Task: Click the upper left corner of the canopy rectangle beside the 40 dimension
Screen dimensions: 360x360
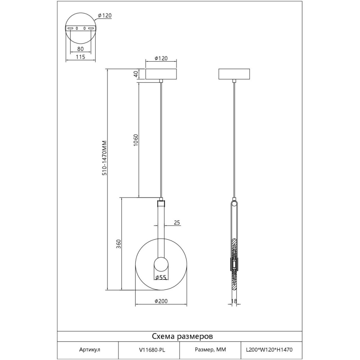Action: coord(145,69)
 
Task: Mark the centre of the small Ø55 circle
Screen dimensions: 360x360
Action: coord(161,264)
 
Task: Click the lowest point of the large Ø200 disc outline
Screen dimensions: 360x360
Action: coord(161,290)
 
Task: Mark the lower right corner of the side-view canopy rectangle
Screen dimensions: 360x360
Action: coord(249,79)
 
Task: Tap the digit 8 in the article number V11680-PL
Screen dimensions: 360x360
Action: coord(153,350)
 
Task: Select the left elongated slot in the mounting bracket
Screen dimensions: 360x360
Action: coord(70,28)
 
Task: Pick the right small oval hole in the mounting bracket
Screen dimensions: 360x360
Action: coord(85,28)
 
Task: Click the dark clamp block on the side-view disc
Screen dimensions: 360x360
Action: coord(234,265)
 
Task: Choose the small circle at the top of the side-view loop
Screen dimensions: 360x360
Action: coord(234,203)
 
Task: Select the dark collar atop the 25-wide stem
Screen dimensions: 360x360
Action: coord(161,203)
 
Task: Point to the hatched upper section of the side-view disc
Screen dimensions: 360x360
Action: coord(234,248)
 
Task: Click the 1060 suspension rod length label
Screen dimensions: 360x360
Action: coord(136,140)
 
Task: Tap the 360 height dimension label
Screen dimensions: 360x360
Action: coord(118,244)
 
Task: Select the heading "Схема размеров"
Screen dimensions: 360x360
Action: coord(182,336)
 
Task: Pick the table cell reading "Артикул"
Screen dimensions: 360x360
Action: coord(90,350)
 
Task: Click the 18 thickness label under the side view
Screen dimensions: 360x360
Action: coord(234,301)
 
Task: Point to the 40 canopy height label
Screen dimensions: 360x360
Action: coord(136,74)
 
